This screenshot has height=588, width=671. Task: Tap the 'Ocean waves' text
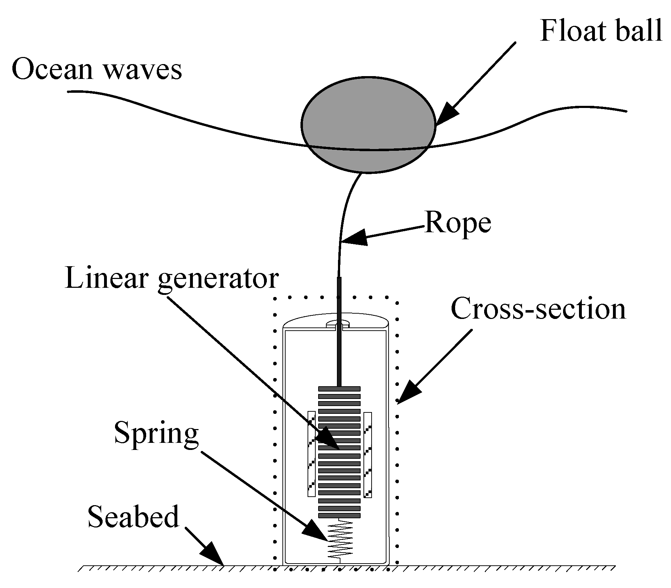tap(97, 69)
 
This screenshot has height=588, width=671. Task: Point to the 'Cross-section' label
tap(538, 309)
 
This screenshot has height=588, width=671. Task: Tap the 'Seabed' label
tap(133, 516)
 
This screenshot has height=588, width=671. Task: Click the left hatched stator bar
tap(311, 454)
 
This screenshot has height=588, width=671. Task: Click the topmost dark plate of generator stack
tap(339, 389)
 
